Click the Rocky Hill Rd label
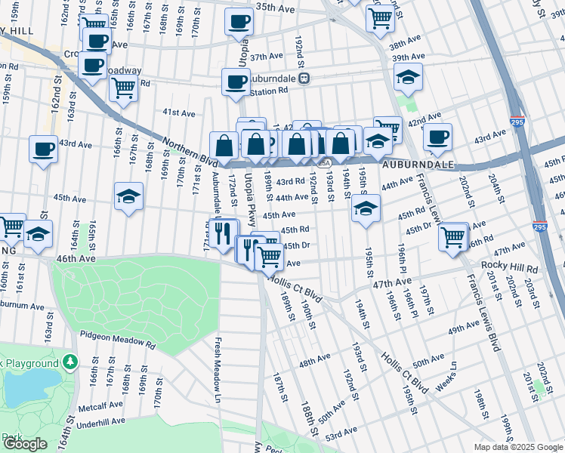click(509, 268)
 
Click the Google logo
click(25, 444)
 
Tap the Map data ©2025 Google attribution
click(518, 447)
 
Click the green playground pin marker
click(70, 363)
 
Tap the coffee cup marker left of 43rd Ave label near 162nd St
click(44, 148)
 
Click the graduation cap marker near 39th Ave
click(408, 76)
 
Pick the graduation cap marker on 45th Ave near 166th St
click(128, 196)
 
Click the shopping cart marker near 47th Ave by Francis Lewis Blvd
click(452, 236)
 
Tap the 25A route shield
click(324, 162)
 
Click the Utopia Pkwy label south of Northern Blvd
click(249, 193)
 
